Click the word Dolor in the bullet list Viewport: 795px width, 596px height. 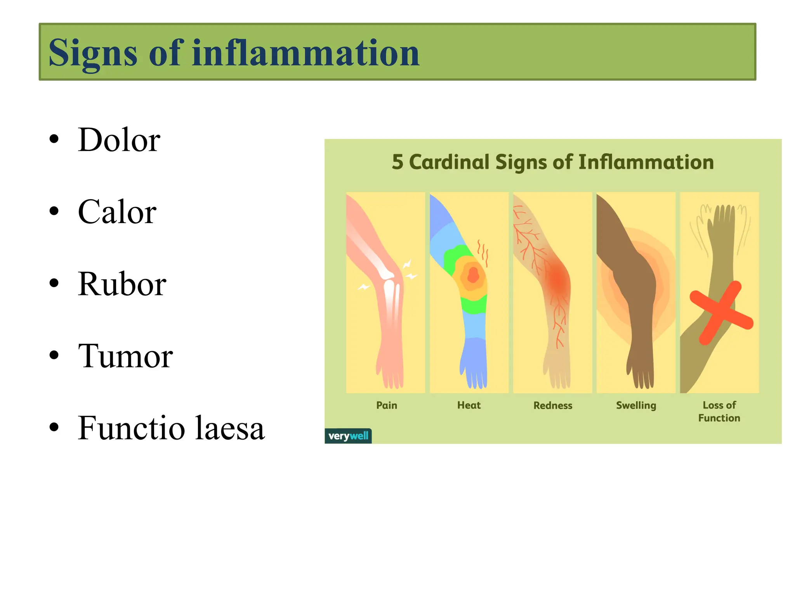(119, 140)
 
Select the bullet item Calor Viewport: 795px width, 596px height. (117, 212)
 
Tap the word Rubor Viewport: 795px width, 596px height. (122, 284)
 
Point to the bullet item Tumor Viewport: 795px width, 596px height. (125, 356)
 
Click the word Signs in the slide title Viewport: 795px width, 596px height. (93, 53)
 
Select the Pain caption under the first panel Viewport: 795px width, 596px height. (387, 405)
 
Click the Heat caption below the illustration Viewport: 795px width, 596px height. (469, 405)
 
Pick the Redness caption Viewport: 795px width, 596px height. (553, 406)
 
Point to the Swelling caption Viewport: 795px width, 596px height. (636, 406)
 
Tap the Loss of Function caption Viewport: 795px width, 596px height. (719, 412)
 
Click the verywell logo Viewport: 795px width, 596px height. (348, 436)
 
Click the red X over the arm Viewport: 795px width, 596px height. (721, 312)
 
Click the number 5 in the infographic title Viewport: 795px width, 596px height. (397, 162)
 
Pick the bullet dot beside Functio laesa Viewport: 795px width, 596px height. (54, 427)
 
